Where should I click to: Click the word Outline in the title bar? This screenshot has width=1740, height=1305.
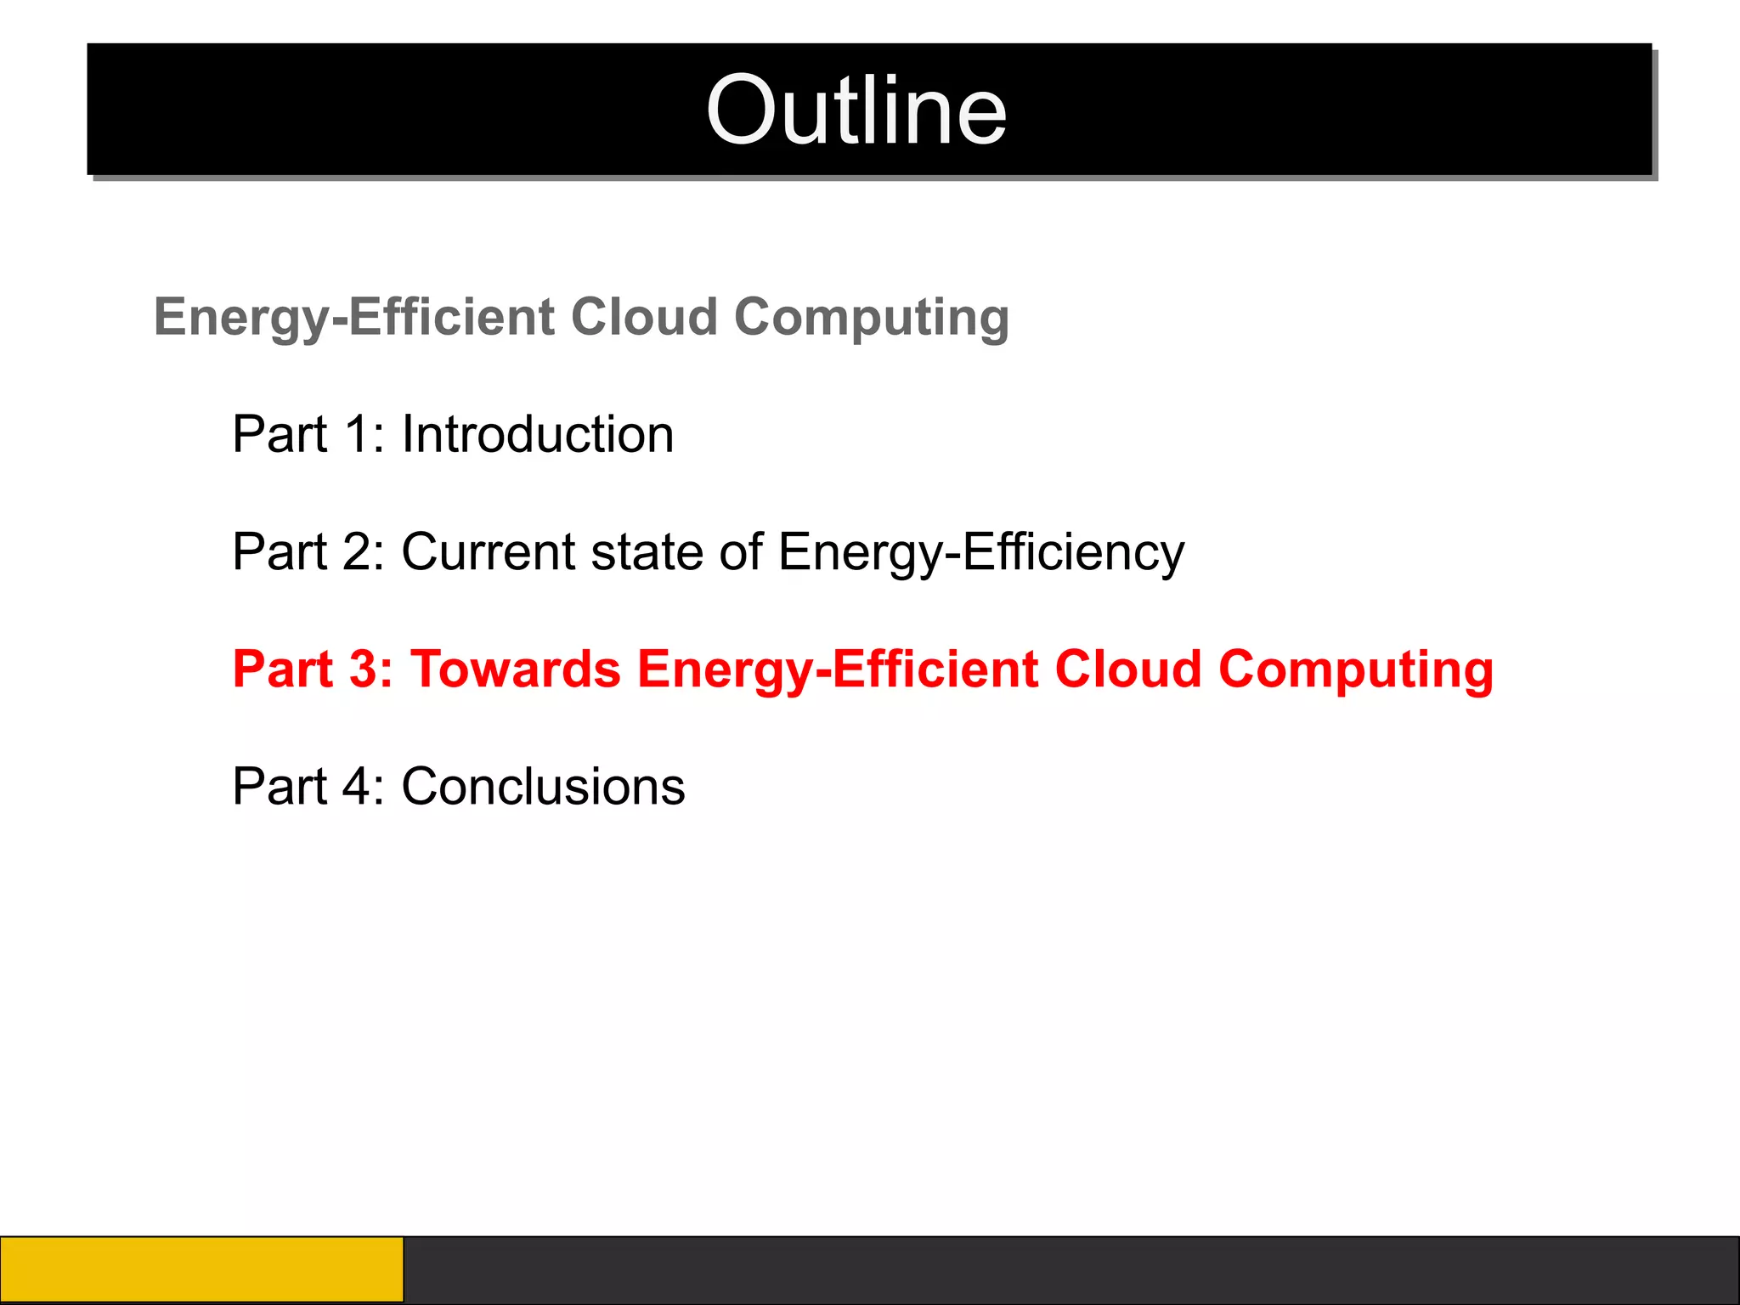click(x=856, y=110)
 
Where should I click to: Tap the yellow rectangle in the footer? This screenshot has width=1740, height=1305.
click(x=201, y=1269)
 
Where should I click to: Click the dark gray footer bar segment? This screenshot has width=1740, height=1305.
click(x=1071, y=1269)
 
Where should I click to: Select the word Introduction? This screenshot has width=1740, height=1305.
click(x=537, y=435)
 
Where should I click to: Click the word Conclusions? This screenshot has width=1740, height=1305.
click(x=543, y=787)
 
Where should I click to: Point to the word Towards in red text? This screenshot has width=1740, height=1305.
click(x=516, y=669)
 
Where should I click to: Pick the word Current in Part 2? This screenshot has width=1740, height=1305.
click(x=489, y=552)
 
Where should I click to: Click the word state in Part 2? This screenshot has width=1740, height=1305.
click(x=648, y=552)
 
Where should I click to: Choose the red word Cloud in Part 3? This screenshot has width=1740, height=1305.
click(x=1127, y=669)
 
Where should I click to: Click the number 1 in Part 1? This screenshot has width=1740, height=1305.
click(x=356, y=435)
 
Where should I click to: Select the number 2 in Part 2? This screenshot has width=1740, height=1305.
click(x=357, y=552)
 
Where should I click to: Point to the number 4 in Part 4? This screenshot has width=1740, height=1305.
click(x=357, y=787)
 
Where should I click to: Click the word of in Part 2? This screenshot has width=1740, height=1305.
click(x=741, y=552)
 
